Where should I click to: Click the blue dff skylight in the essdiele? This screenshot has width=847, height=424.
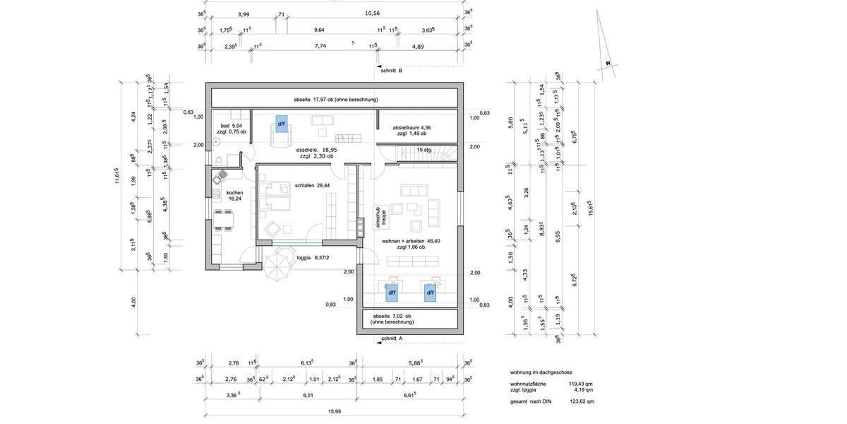(x=281, y=124)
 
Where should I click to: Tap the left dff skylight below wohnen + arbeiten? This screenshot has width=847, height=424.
(x=392, y=291)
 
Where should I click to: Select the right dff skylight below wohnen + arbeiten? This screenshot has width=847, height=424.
(x=430, y=291)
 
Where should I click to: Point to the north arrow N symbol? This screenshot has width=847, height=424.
(x=606, y=64)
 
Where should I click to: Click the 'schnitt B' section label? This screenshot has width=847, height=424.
(x=391, y=71)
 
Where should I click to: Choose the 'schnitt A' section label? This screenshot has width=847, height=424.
(x=391, y=339)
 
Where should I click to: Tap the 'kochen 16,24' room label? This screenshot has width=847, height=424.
(x=234, y=196)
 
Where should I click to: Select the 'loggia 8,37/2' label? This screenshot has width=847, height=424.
(x=313, y=258)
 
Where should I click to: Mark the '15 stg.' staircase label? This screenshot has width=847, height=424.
(x=424, y=150)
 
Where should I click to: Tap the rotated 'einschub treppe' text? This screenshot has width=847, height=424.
(x=380, y=217)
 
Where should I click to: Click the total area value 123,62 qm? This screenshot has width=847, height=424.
(x=582, y=401)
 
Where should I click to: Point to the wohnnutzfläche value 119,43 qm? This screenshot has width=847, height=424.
(x=582, y=384)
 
